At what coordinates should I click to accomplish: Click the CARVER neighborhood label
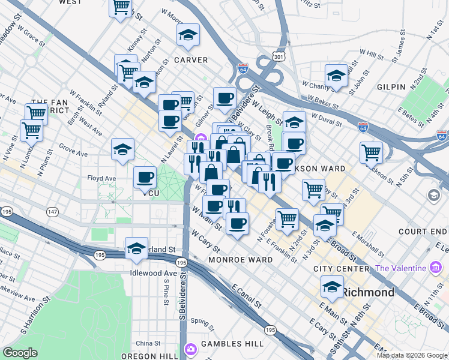tap(190, 60)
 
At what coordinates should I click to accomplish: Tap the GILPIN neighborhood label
tap(391, 87)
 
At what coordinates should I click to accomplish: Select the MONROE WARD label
tap(240, 260)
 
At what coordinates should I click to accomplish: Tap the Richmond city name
tap(368, 293)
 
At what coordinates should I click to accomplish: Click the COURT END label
tap(424, 231)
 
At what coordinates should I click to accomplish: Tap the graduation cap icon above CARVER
tap(188, 35)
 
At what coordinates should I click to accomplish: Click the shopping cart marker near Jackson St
tap(372, 152)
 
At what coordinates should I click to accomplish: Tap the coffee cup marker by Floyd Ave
tap(145, 178)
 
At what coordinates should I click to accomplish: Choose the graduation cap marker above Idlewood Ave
tap(136, 249)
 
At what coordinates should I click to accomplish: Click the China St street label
tap(148, 343)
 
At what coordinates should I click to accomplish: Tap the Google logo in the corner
tap(20, 353)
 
